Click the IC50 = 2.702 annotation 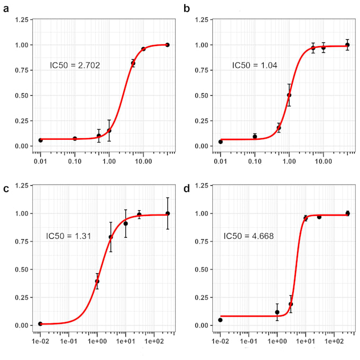(75, 66)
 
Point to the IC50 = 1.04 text (255, 66)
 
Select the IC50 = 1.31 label (68, 236)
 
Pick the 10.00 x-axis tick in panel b (323, 159)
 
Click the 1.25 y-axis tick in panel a (22, 20)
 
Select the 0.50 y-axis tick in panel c (22, 269)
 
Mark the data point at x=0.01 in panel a (40, 140)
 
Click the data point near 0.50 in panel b (289, 95)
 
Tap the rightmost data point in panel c (168, 213)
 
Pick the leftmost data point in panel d (220, 320)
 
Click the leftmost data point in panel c (40, 323)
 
